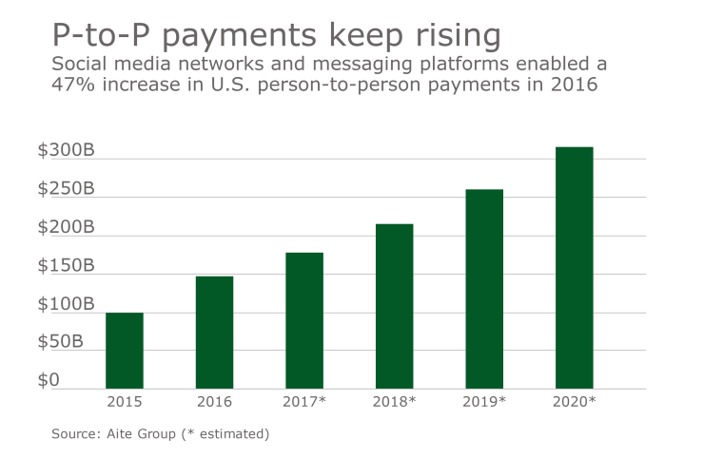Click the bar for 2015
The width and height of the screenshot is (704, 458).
(125, 351)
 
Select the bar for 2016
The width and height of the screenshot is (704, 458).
(214, 333)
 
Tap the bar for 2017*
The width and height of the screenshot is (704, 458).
(304, 320)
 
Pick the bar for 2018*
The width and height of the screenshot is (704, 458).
(394, 306)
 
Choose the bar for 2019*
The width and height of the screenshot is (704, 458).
(484, 289)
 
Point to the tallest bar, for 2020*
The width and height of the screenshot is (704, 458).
(574, 268)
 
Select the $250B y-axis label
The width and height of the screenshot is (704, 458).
(67, 189)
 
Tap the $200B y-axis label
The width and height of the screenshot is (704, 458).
(67, 228)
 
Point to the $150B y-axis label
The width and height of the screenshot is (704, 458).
(67, 266)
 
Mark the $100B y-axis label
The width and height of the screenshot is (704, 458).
(67, 305)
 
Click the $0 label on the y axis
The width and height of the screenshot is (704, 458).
(49, 381)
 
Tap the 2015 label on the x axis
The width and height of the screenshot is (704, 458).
(125, 402)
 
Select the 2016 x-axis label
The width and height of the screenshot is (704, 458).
(214, 402)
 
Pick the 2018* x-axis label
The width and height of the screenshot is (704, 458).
(394, 402)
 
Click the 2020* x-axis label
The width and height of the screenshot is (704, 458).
(574, 402)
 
